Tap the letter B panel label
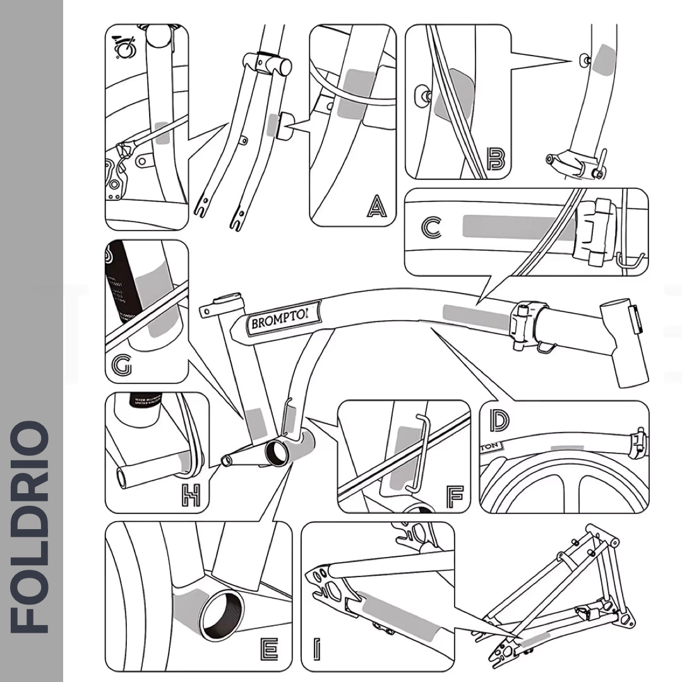click(496, 159)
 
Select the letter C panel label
click(431, 228)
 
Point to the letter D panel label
click(500, 420)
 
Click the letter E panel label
click(268, 649)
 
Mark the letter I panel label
click(316, 649)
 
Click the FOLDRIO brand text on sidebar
click(31, 528)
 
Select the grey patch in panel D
click(566, 448)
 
